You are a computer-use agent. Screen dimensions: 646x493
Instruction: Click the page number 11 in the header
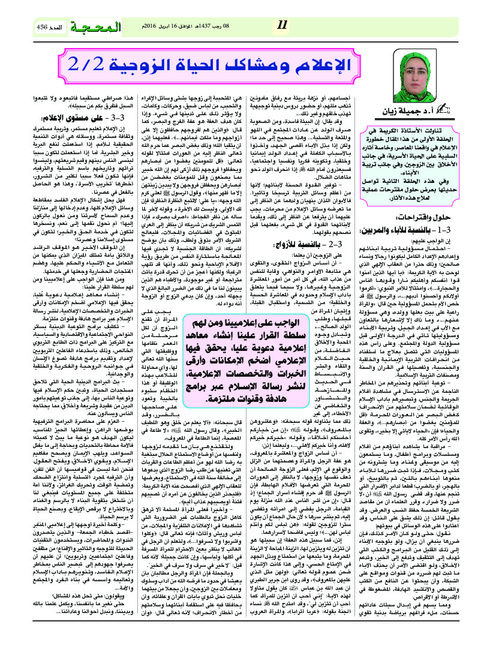coord(284,25)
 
